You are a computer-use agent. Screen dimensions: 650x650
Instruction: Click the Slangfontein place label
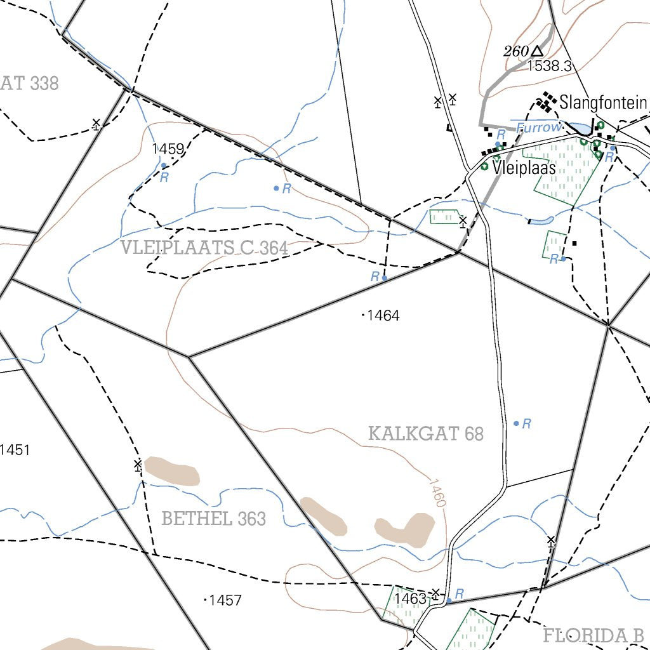tap(602, 102)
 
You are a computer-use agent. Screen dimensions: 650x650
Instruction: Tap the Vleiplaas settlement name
tap(524, 168)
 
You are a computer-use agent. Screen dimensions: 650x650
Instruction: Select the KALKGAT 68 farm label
tap(426, 434)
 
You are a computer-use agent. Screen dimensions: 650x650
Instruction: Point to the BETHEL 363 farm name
tap(213, 519)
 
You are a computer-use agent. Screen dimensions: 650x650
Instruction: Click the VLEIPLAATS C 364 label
tap(204, 248)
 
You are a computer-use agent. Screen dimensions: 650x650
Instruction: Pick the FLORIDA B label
tap(594, 635)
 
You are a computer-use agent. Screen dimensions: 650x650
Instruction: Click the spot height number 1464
tap(383, 315)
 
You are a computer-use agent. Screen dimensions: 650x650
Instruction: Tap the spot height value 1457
tap(225, 600)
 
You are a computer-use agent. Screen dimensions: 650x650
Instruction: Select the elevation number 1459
tap(168, 149)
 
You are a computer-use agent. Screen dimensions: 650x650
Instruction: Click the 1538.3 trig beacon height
tap(550, 65)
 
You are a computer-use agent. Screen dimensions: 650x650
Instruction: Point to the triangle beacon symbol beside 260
tap(538, 51)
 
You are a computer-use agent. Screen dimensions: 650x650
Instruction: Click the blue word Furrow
tap(538, 128)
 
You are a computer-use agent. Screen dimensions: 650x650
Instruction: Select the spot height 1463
tap(410, 599)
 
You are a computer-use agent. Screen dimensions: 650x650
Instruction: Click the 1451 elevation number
tap(15, 450)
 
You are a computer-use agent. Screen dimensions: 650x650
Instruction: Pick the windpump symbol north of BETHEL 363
tap(138, 465)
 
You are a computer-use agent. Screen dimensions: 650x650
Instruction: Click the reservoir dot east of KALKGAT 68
tap(516, 423)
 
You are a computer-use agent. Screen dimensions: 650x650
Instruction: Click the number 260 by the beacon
tap(516, 51)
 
